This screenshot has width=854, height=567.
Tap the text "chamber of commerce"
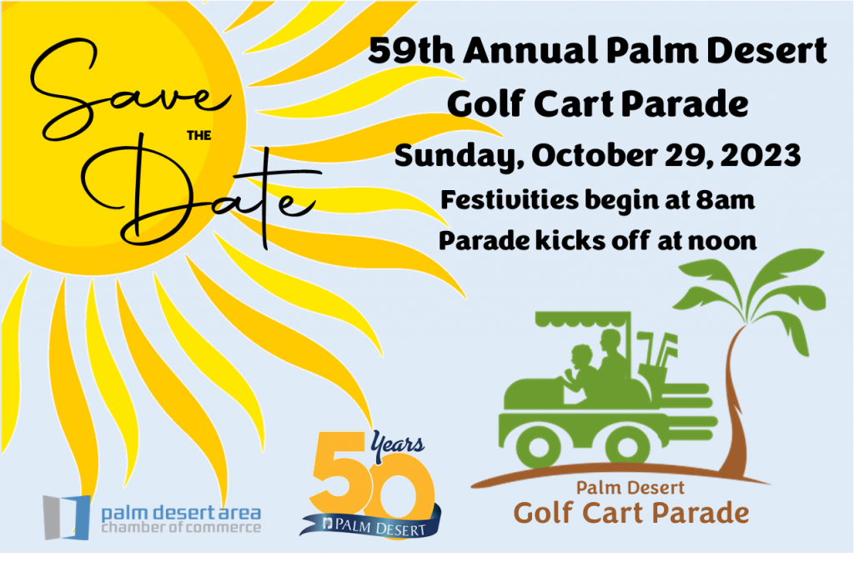tap(181, 527)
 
